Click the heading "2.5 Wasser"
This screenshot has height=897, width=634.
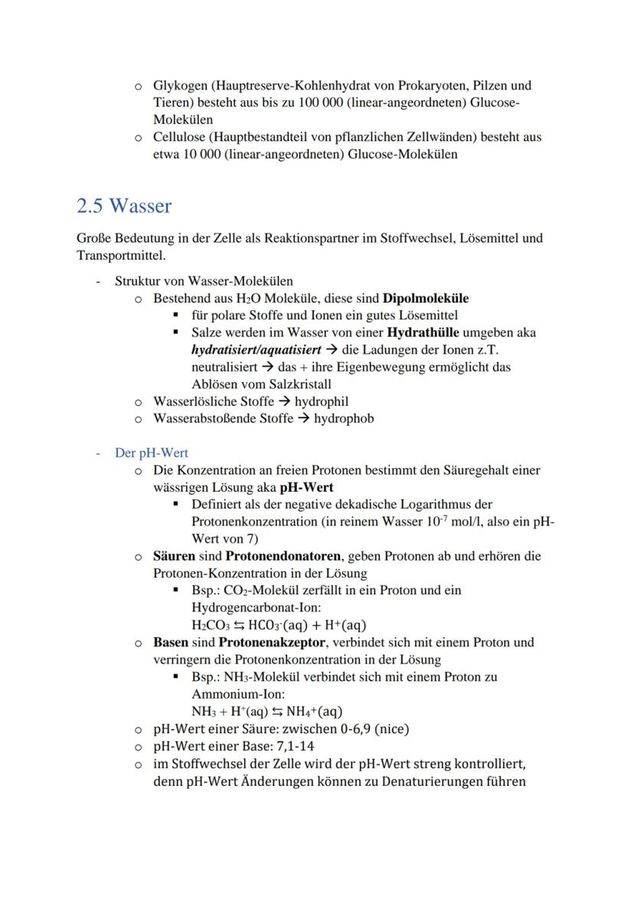pyautogui.click(x=124, y=206)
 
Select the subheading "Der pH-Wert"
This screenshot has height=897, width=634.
pyautogui.click(x=151, y=453)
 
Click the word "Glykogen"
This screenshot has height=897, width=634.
pyautogui.click(x=180, y=86)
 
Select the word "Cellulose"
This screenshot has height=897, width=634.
pyautogui.click(x=181, y=137)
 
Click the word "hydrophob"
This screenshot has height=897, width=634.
pyautogui.click(x=344, y=418)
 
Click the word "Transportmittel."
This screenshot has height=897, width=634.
pyautogui.click(x=121, y=254)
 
